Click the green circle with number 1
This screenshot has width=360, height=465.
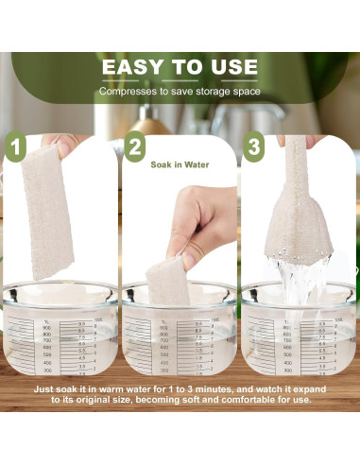click(17, 149)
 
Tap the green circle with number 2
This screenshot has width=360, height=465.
click(134, 149)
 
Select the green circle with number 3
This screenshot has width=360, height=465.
click(252, 149)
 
